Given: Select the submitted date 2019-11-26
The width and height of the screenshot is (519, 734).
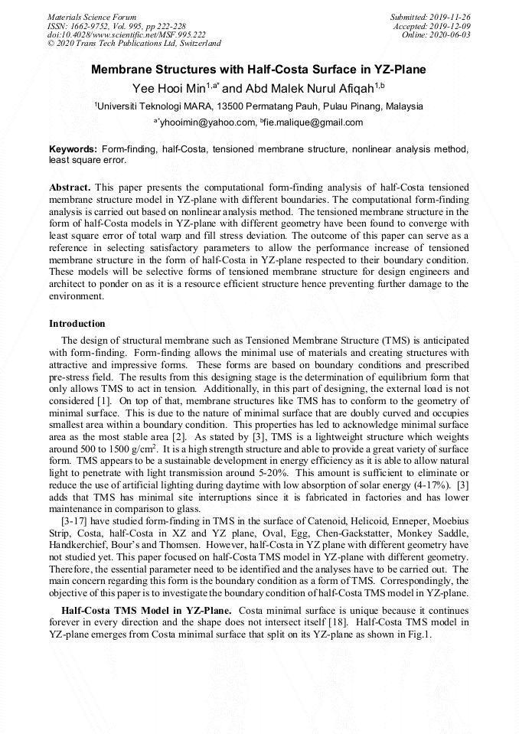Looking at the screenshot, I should click(451, 17).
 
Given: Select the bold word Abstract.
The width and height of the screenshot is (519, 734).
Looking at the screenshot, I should click(70, 187).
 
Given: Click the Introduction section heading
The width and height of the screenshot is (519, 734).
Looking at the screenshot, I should click(77, 324).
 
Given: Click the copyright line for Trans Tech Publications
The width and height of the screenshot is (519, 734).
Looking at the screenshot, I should click(134, 44).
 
